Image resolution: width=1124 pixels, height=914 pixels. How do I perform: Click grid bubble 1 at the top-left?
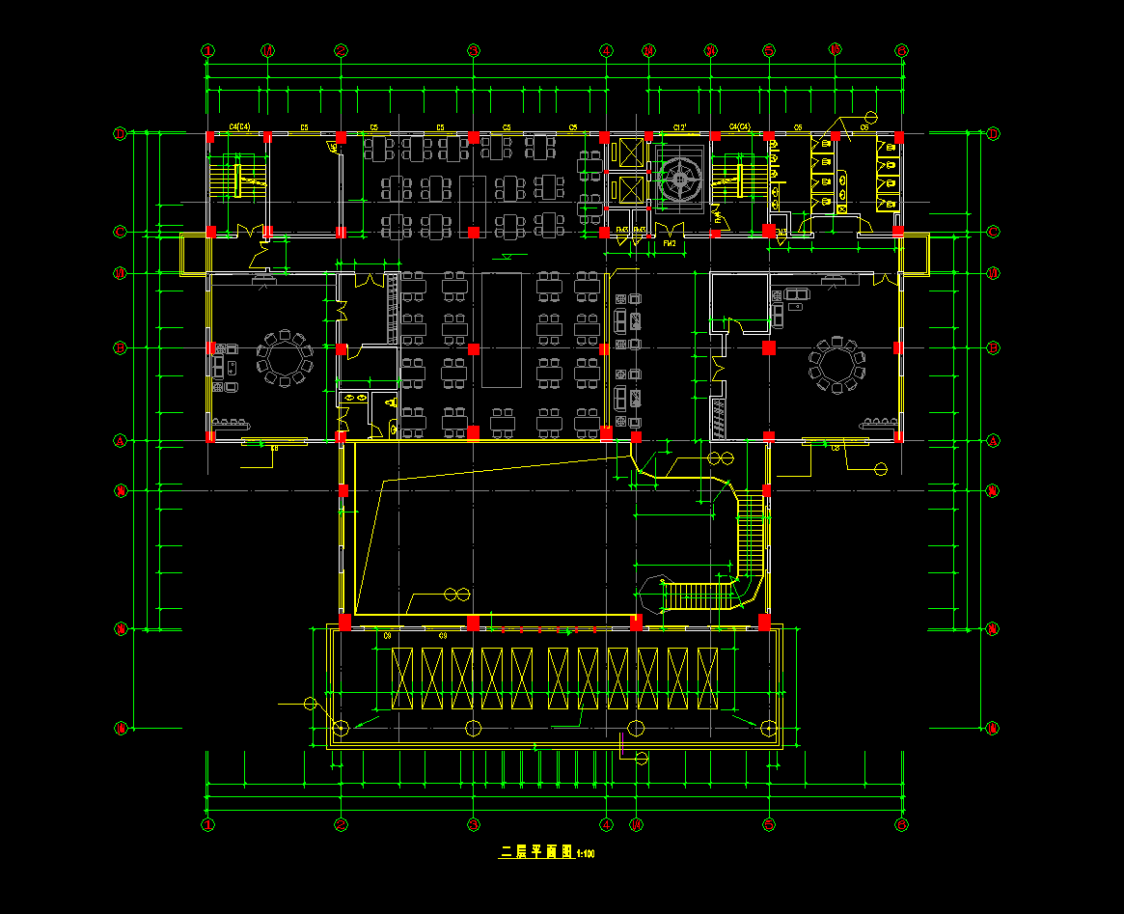point(207,51)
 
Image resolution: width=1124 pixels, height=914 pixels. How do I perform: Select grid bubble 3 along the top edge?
point(474,51)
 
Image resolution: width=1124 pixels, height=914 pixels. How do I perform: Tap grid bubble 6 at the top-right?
point(901,51)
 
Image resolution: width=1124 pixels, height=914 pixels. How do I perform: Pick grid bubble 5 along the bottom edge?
point(769,825)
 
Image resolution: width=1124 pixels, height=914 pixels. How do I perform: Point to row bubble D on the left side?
point(121,134)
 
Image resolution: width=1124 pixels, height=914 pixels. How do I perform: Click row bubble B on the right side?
point(993,347)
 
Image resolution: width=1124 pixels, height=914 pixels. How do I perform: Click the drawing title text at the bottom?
point(535,852)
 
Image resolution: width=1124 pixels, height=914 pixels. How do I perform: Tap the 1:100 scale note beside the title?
point(586,853)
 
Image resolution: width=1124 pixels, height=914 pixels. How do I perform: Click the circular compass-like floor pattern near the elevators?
point(682,179)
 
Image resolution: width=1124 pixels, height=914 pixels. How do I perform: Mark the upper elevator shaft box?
point(626,152)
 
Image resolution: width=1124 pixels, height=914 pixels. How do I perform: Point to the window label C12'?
point(679,126)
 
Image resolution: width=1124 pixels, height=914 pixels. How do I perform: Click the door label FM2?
point(669,244)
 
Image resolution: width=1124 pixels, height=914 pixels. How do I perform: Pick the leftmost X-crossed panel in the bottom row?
point(401,679)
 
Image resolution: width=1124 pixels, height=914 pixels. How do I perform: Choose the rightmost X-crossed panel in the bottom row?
point(708,679)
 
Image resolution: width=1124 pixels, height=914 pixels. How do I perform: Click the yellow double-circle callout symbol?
point(456,593)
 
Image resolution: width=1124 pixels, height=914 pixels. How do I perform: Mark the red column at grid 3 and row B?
point(474,347)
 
